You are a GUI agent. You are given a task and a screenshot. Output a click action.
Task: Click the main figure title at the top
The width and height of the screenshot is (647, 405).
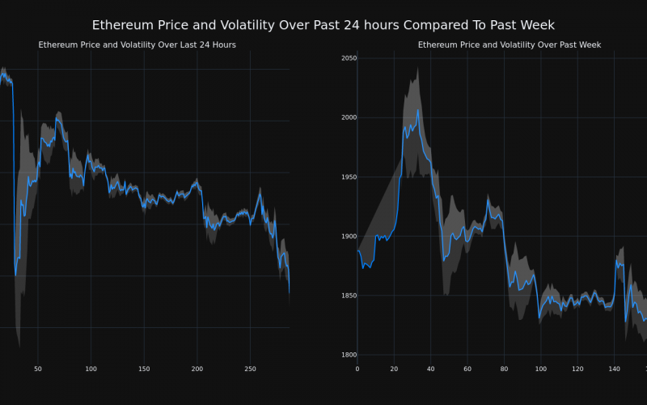point(323,25)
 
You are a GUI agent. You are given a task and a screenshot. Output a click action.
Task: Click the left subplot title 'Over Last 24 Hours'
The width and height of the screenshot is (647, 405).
point(137,45)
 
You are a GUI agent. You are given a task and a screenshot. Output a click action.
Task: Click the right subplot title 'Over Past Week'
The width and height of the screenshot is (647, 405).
point(510,45)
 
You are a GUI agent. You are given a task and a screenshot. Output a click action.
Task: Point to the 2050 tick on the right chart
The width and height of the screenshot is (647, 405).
point(349,58)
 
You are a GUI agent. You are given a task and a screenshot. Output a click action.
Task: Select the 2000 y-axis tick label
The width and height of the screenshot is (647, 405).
point(349,117)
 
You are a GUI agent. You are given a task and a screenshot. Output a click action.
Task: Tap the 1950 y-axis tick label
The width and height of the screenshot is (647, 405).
point(349,177)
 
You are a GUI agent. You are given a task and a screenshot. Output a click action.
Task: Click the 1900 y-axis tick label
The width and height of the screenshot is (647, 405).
point(349,237)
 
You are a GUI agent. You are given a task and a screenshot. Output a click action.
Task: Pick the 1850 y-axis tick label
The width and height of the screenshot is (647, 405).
point(349,296)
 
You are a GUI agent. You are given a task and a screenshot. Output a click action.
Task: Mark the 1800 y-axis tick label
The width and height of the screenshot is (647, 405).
point(349,355)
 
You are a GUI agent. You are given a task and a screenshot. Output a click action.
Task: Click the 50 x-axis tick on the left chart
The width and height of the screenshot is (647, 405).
point(38,369)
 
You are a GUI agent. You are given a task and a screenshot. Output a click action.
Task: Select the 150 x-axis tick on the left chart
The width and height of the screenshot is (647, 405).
point(144,369)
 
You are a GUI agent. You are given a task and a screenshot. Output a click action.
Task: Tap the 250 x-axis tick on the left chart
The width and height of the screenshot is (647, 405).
point(250,369)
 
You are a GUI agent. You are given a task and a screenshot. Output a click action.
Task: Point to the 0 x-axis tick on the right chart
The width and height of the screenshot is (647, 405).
point(357,369)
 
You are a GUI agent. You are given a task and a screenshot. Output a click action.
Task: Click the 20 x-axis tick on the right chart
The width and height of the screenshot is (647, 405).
point(394,369)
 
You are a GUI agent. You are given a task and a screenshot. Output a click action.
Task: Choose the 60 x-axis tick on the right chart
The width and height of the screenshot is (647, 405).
point(467,369)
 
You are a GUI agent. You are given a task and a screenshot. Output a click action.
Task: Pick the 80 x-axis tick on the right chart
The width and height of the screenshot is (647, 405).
point(504,369)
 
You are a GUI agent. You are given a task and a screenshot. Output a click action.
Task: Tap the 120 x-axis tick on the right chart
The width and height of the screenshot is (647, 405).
point(577,369)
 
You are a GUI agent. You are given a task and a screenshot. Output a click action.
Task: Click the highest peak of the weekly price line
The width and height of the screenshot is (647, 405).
point(418,110)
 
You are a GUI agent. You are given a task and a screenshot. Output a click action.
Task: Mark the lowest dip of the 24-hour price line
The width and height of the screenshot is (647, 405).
point(15,275)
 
